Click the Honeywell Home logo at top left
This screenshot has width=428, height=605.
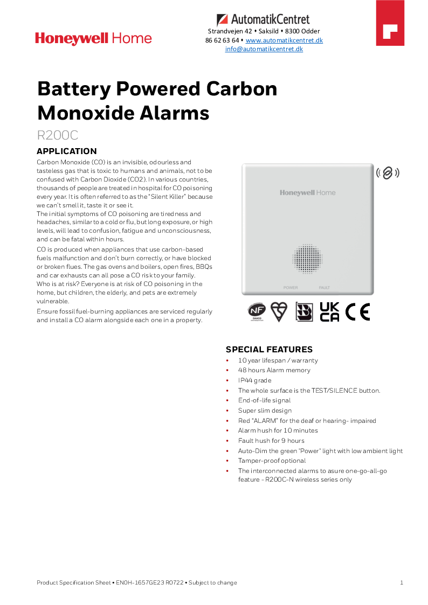(x=93, y=38)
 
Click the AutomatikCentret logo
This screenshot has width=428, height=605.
(x=263, y=20)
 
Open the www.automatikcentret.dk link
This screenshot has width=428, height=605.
(x=284, y=40)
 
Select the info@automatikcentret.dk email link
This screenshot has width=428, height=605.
(x=264, y=49)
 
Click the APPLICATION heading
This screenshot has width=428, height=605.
(x=66, y=151)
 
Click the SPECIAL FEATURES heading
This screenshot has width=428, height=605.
(x=268, y=349)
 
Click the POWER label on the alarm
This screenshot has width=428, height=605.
(x=291, y=288)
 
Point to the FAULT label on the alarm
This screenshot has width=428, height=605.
(x=324, y=288)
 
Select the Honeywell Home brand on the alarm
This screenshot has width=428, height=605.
(x=307, y=193)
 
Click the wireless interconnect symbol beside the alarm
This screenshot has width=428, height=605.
(x=388, y=173)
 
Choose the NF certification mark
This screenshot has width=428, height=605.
(x=256, y=312)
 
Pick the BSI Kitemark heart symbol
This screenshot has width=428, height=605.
(x=279, y=311)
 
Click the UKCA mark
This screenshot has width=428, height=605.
(x=329, y=311)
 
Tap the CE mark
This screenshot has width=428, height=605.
(x=357, y=311)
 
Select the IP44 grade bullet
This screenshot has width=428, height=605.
(x=254, y=380)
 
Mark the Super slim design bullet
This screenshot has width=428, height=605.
(x=265, y=411)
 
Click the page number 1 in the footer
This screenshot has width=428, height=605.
(x=402, y=582)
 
